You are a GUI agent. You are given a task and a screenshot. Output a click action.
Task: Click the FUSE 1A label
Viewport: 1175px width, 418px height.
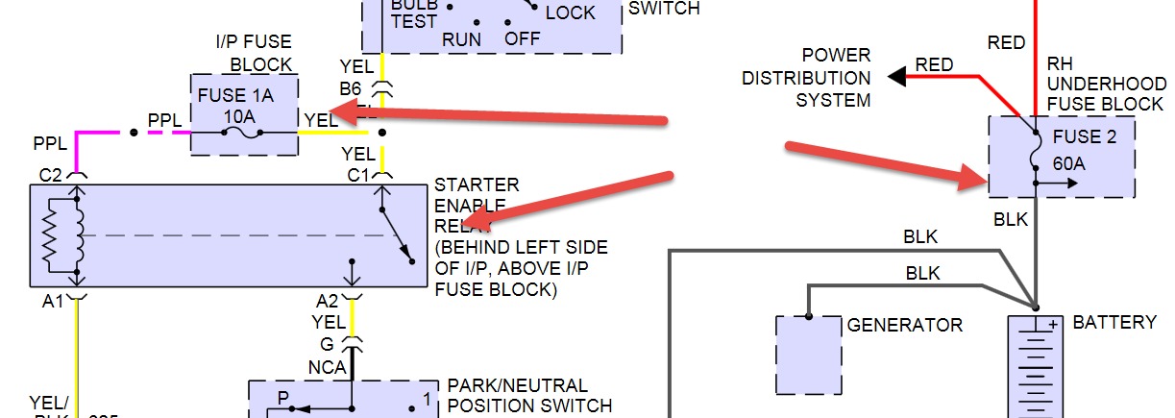pyautogui.click(x=233, y=96)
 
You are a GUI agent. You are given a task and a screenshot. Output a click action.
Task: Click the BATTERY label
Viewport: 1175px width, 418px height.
pyautogui.click(x=1114, y=322)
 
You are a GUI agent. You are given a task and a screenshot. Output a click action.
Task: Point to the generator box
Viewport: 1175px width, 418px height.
pyautogui.click(x=808, y=355)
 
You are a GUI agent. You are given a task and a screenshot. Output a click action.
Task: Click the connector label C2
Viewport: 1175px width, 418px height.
pyautogui.click(x=51, y=174)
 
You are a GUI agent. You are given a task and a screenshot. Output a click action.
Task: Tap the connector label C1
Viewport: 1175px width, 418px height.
pyautogui.click(x=357, y=175)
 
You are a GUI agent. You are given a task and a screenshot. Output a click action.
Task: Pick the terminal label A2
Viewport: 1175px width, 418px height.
pyautogui.click(x=327, y=301)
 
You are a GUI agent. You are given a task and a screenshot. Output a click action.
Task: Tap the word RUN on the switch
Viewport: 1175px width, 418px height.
pyautogui.click(x=461, y=39)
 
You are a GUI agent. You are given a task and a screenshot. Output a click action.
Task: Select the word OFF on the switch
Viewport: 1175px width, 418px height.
pyautogui.click(x=523, y=39)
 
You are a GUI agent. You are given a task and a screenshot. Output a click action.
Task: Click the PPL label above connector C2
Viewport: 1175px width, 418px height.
pyautogui.click(x=50, y=143)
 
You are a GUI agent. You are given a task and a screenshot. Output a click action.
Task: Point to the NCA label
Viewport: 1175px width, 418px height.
pyautogui.click(x=327, y=367)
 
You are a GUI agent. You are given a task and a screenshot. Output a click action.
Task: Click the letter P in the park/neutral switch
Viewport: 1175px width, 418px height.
pyautogui.click(x=283, y=397)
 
